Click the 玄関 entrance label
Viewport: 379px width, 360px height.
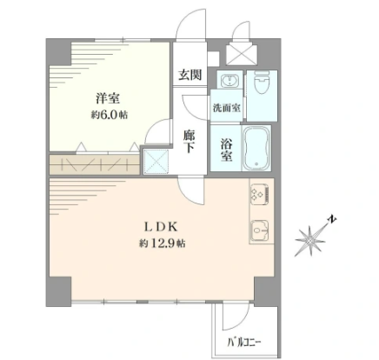click(x=189, y=75)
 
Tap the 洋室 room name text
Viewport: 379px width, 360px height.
click(x=108, y=98)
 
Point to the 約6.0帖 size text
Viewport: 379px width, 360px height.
click(x=110, y=115)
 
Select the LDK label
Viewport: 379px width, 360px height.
click(x=161, y=227)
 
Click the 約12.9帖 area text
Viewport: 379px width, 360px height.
click(x=163, y=243)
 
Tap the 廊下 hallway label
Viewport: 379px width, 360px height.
click(x=189, y=141)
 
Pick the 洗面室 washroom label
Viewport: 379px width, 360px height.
click(x=227, y=108)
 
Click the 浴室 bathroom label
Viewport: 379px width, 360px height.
click(x=226, y=150)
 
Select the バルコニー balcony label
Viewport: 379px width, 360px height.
click(x=244, y=343)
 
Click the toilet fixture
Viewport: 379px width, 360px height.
click(x=262, y=82)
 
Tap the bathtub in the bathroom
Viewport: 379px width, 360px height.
click(x=256, y=149)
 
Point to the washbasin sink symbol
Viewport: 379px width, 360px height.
click(x=230, y=79)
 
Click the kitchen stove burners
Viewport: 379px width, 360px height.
click(x=261, y=193)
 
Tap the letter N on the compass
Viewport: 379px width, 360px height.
click(x=332, y=219)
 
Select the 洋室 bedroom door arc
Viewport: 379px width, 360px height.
click(x=156, y=130)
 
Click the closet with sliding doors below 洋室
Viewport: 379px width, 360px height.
click(x=95, y=164)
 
